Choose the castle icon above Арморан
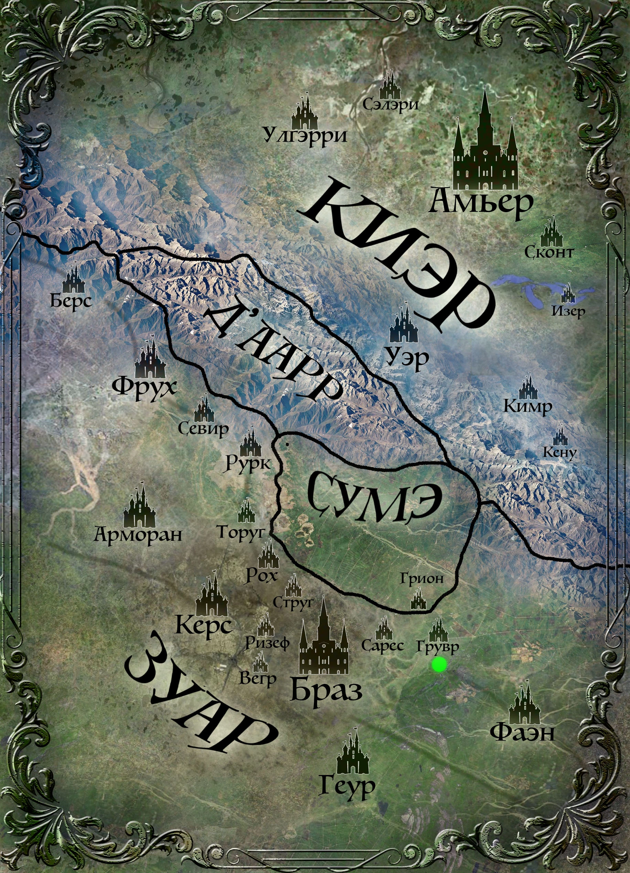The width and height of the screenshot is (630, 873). [139, 507]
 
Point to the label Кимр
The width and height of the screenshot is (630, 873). [527, 406]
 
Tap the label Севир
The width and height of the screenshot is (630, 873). [203, 428]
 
